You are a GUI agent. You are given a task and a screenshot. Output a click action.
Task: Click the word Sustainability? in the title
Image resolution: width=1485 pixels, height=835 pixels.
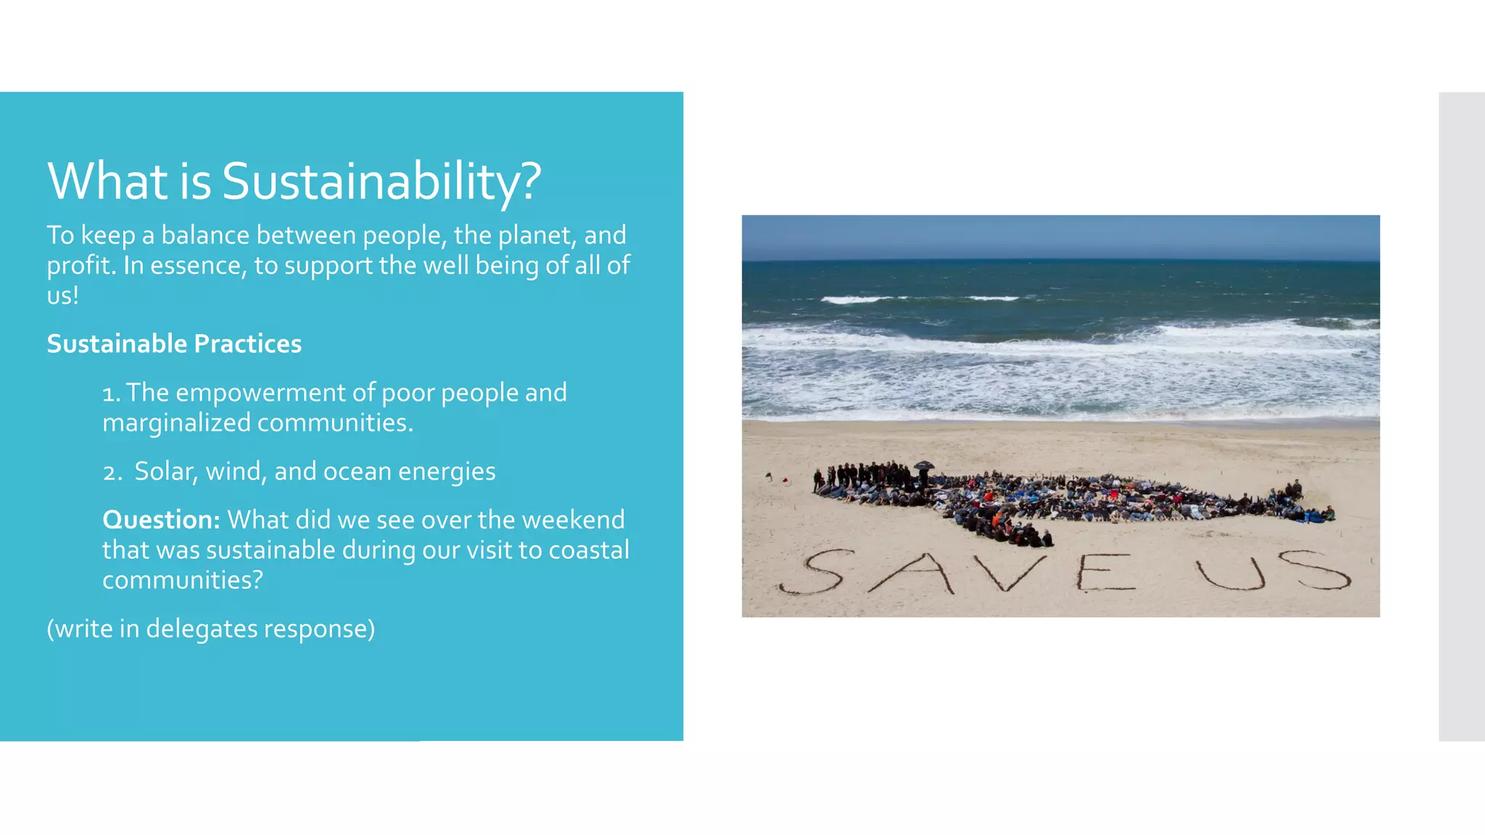tap(381, 181)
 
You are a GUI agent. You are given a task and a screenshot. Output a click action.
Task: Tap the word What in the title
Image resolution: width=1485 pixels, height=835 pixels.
tap(108, 181)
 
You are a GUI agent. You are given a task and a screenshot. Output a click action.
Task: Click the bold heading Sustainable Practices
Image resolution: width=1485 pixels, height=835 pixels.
tap(174, 344)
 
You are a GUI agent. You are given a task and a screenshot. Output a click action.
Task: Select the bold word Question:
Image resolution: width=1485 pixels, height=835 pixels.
tap(161, 520)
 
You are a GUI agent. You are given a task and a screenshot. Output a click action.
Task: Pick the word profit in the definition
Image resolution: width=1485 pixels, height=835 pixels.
tap(78, 266)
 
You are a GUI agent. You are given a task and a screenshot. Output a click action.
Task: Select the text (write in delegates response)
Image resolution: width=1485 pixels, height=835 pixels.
tap(211, 628)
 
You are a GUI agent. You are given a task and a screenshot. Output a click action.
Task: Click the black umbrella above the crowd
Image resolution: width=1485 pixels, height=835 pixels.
tap(924, 465)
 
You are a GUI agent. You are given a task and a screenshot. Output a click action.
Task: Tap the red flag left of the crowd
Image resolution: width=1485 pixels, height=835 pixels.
tap(787, 480)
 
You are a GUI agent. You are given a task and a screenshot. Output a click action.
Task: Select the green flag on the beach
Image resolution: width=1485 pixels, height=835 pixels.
tap(769, 476)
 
